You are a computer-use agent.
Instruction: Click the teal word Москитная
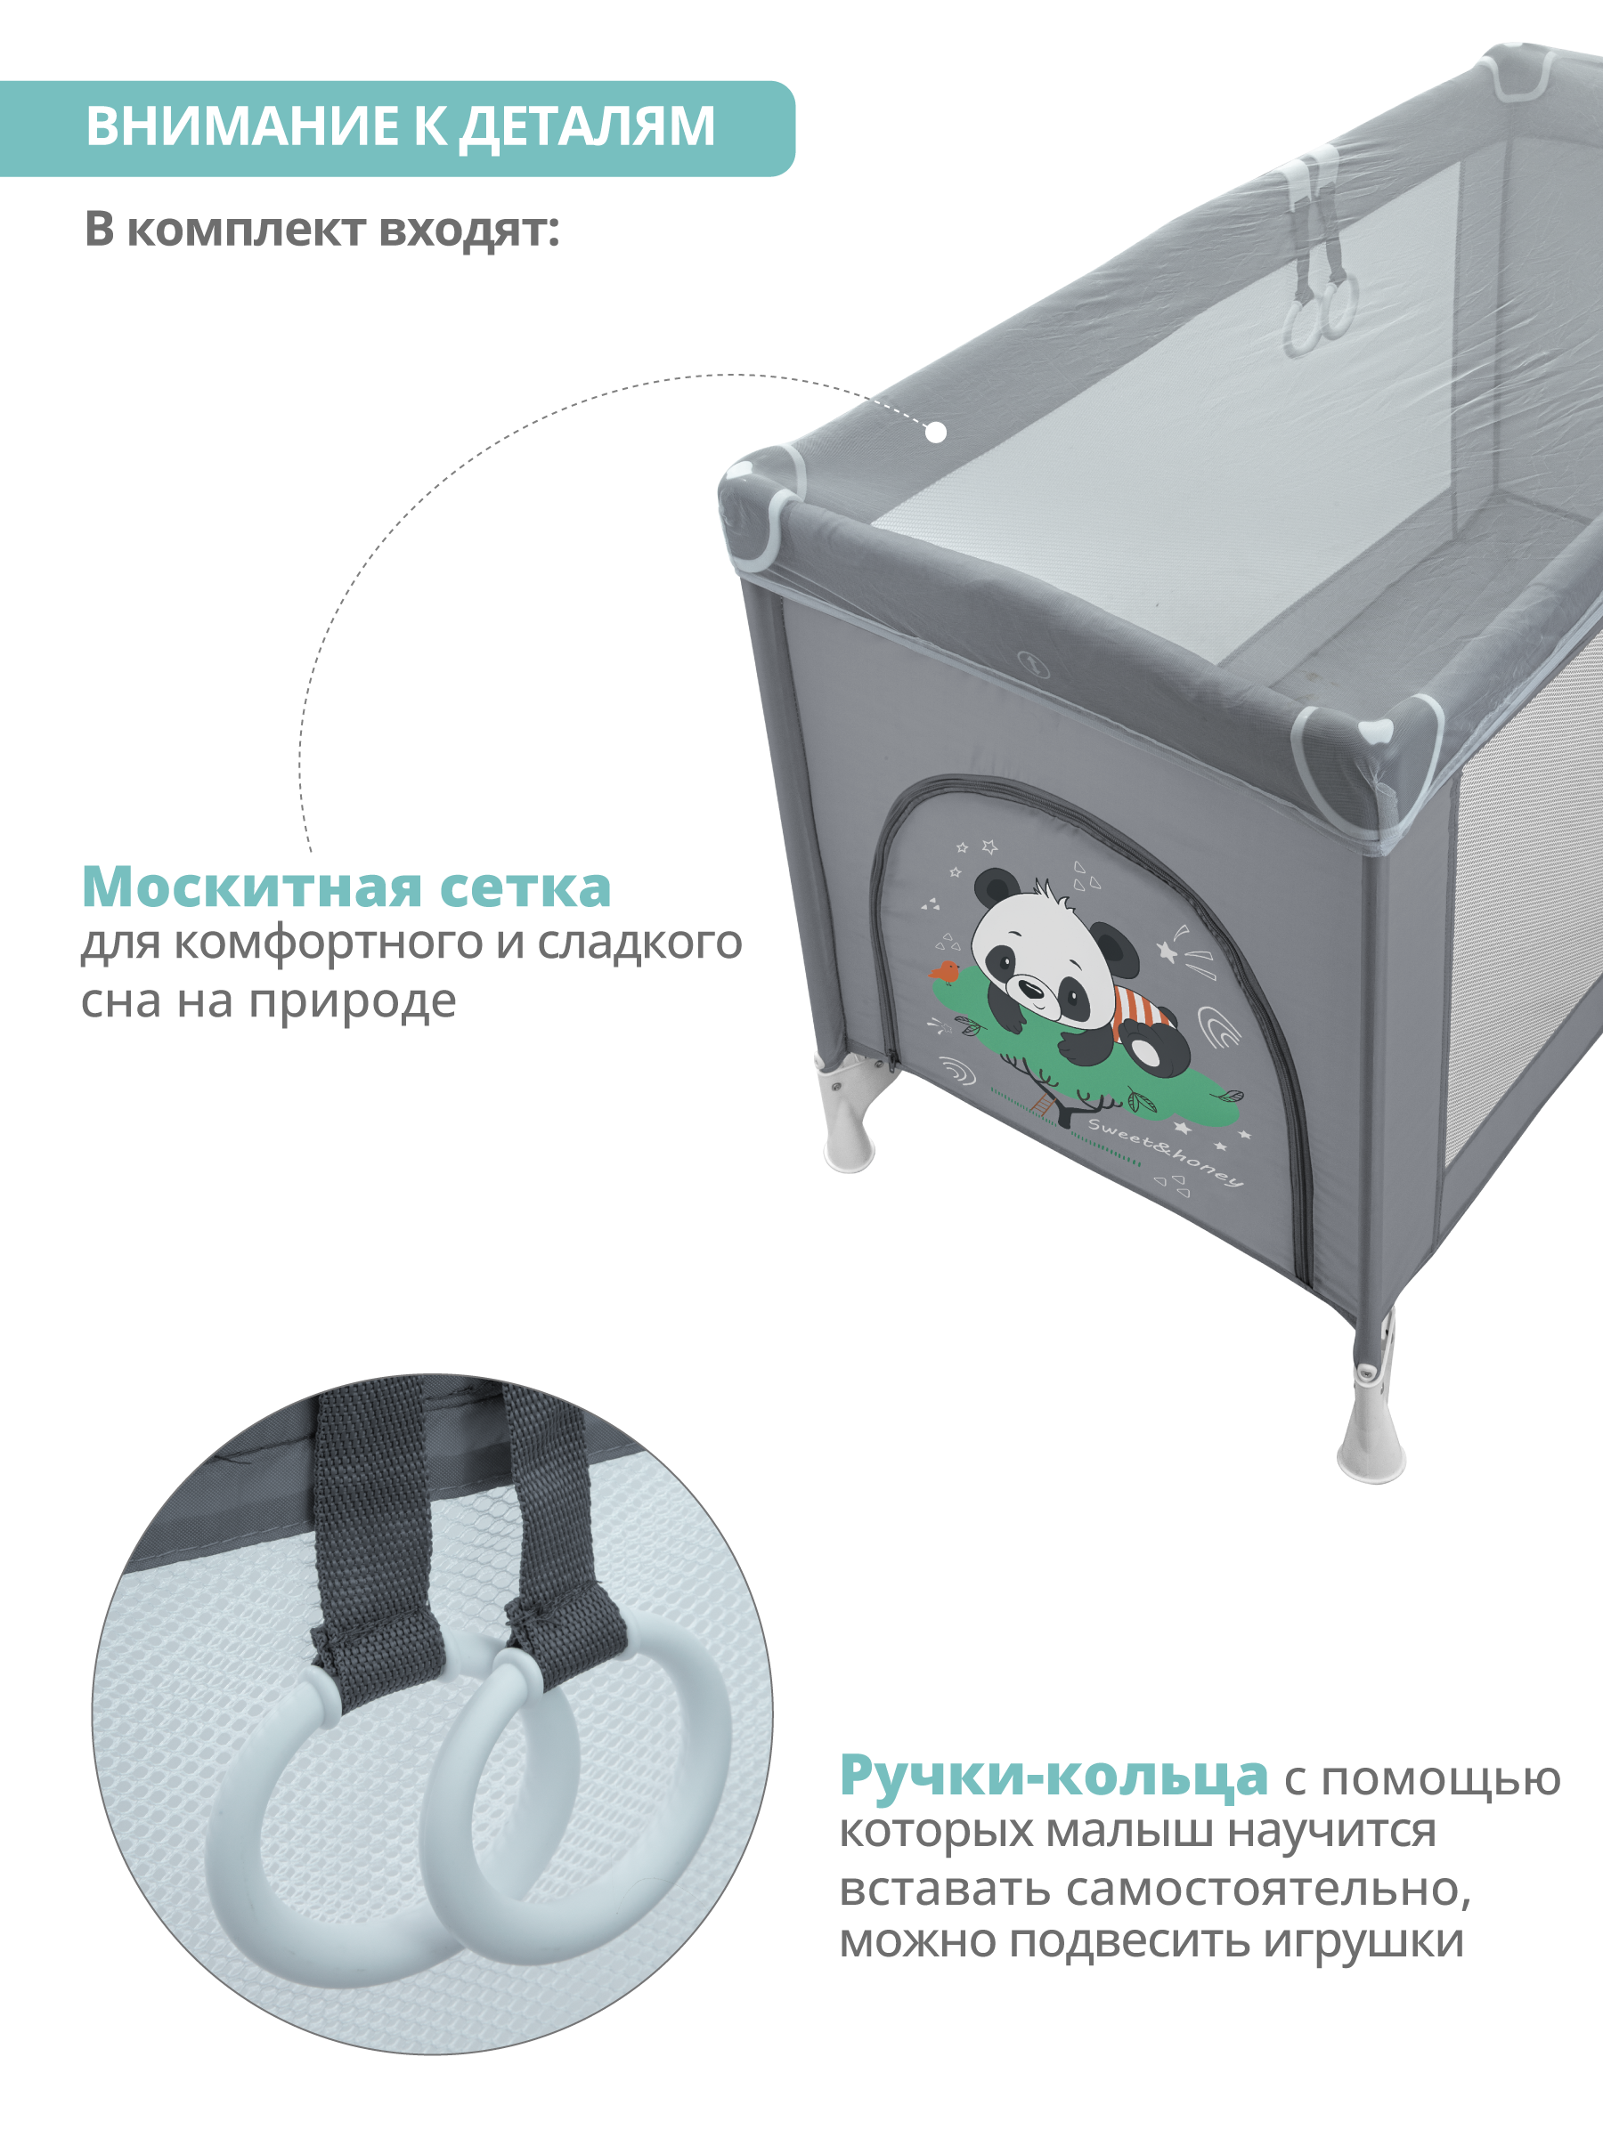[251, 887]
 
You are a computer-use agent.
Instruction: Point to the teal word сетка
[526, 888]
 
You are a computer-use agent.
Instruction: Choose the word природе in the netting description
[352, 1002]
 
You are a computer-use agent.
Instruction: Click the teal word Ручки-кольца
[1054, 1776]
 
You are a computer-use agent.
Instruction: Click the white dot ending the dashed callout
[935, 432]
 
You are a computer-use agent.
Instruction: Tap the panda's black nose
[1034, 989]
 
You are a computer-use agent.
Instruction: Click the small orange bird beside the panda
[945, 970]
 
